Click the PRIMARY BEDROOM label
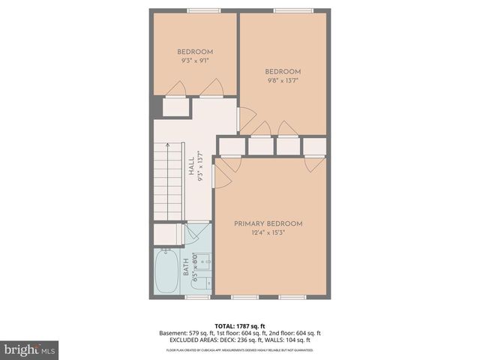(x=268, y=223)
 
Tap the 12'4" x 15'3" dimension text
(x=268, y=232)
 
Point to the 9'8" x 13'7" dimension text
(x=283, y=80)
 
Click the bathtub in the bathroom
(x=167, y=272)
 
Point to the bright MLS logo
(x=30, y=349)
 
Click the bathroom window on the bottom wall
(x=197, y=297)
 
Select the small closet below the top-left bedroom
(x=176, y=106)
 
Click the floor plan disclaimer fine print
(x=240, y=350)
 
